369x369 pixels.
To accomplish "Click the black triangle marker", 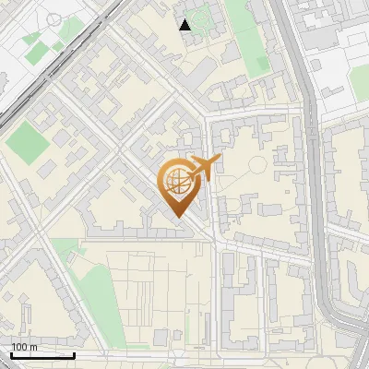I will (x=185, y=25).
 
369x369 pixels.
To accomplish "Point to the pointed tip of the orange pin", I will (x=177, y=218).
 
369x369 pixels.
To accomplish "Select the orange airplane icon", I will (x=205, y=168).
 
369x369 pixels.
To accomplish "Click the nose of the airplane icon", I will (x=219, y=161).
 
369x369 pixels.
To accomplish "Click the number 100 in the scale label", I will (x=19, y=347).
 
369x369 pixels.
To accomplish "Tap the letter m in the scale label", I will (x=33, y=347).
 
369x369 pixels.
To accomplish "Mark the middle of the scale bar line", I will (x=42, y=355).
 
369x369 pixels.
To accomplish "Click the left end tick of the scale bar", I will (x=11, y=354).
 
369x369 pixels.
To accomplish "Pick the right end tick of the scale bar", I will (x=74, y=354).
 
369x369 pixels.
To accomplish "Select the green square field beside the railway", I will (x=28, y=143).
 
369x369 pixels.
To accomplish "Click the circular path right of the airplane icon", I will (x=257, y=166).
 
